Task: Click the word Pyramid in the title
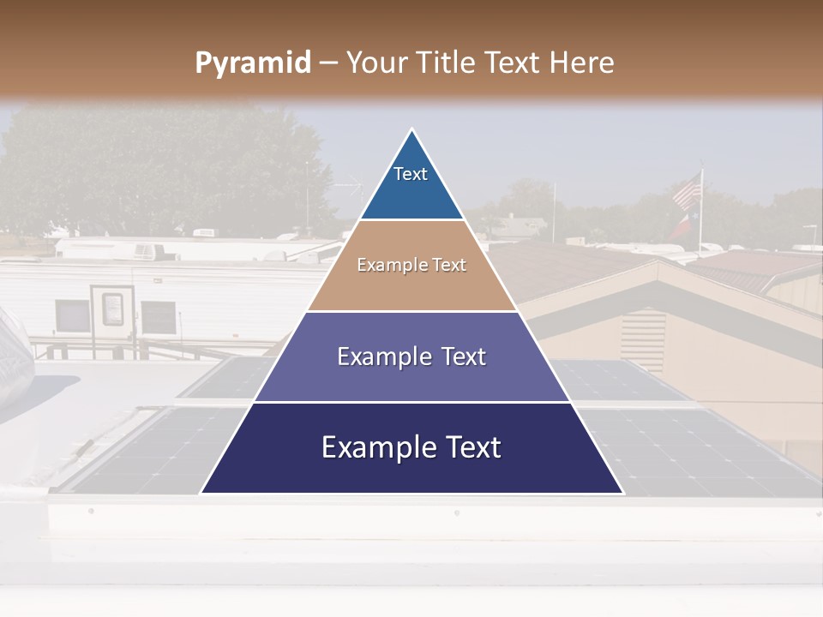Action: (x=252, y=63)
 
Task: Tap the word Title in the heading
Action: (x=448, y=63)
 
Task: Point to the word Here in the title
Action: (x=581, y=63)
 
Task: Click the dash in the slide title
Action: (x=327, y=63)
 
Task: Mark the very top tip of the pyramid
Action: (x=412, y=130)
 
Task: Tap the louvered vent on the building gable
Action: (x=643, y=339)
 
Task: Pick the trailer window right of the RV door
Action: (x=158, y=317)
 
